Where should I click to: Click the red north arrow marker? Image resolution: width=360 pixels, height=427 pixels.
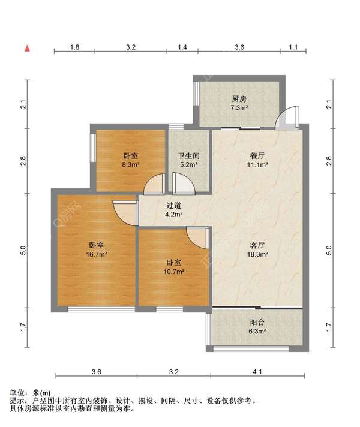[x=27, y=48]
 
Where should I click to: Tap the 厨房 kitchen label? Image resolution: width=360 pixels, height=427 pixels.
[x=239, y=98]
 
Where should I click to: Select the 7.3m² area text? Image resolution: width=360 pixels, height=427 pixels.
[x=239, y=108]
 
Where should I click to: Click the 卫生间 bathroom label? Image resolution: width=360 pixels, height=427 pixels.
[x=188, y=156]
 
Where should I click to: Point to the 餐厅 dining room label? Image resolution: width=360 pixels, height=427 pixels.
[x=257, y=156]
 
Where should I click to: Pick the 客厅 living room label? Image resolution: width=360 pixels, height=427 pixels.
[x=257, y=245]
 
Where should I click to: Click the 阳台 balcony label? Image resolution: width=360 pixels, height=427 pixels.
[x=257, y=323]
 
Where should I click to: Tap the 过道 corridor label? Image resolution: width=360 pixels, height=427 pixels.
[x=173, y=206]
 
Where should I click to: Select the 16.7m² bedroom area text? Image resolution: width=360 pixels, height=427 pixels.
[x=96, y=255]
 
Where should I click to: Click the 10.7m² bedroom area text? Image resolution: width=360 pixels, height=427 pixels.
[x=173, y=272]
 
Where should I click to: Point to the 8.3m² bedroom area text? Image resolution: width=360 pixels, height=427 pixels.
[x=131, y=165]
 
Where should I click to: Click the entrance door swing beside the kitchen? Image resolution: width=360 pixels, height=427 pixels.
[x=287, y=118]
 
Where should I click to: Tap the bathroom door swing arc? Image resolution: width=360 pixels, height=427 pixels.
[x=184, y=184]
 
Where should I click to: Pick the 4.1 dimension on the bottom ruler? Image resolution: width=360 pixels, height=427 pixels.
[x=257, y=372]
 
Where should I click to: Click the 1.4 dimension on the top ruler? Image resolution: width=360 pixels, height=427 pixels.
[x=182, y=47]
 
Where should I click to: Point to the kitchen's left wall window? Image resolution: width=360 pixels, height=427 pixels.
[x=196, y=93]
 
